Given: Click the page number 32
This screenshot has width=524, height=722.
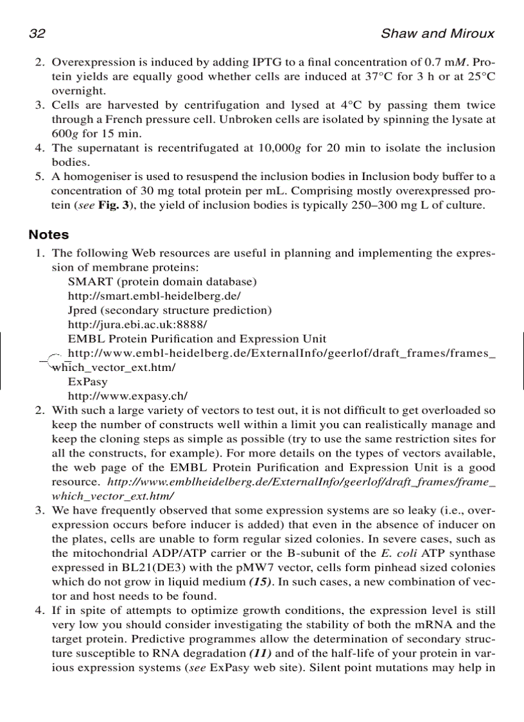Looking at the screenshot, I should [x=36, y=34].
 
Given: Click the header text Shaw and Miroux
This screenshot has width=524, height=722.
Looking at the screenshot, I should [x=437, y=34].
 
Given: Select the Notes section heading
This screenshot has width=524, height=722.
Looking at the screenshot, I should [x=48, y=235].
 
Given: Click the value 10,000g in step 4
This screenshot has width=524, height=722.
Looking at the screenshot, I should [x=280, y=148].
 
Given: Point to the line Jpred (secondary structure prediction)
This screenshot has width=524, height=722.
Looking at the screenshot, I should [x=170, y=310].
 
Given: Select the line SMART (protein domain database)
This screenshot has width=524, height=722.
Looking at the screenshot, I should [x=162, y=282].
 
